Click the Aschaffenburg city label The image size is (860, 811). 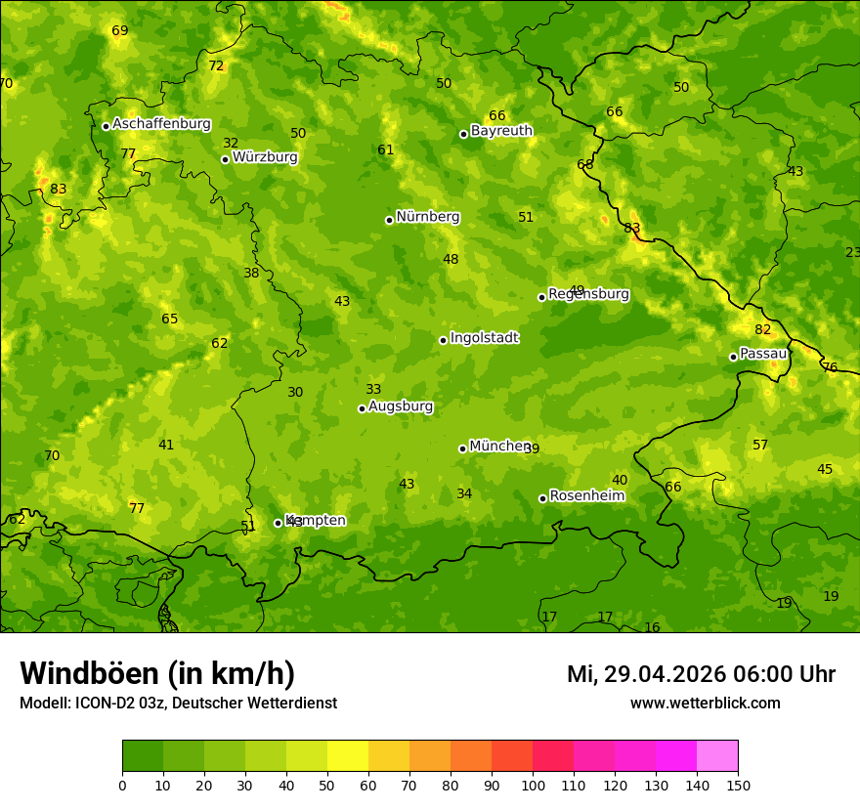[x=161, y=124]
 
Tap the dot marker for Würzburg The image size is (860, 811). [x=225, y=159]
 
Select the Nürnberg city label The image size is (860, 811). [x=427, y=217]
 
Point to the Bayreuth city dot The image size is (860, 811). [x=463, y=134]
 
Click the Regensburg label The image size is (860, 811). [x=588, y=294]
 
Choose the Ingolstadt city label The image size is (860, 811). [x=484, y=338]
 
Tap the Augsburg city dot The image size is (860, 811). [x=362, y=408]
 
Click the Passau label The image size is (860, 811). [x=763, y=354]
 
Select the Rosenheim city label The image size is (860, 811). [x=586, y=496]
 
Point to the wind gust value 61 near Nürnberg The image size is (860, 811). [x=386, y=150]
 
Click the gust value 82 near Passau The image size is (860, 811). [x=763, y=330]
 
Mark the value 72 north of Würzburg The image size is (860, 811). [x=216, y=66]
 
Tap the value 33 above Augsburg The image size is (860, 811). [x=373, y=390]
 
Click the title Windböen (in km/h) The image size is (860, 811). [x=157, y=673]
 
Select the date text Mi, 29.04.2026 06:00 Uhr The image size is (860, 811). [x=701, y=674]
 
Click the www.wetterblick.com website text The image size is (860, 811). [x=705, y=704]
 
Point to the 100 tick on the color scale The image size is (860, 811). [x=533, y=785]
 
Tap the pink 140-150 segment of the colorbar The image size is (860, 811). [x=717, y=756]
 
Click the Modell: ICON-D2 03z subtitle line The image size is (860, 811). [x=178, y=704]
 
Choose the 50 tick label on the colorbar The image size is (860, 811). [x=327, y=785]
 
